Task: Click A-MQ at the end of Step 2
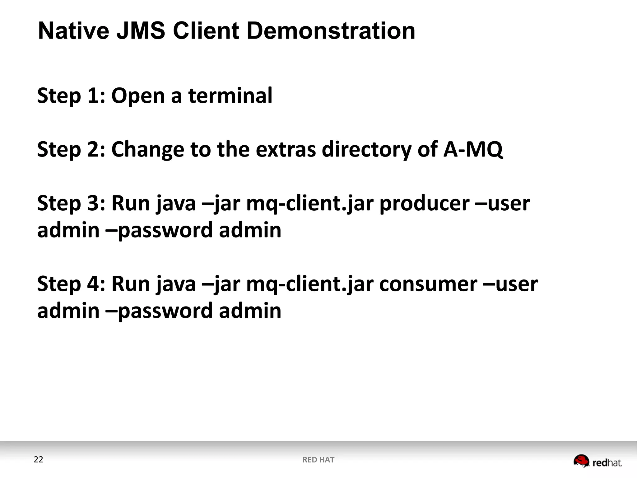472,149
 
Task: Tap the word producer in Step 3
424,204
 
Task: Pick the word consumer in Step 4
428,284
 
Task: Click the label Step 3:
71,204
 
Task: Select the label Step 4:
71,284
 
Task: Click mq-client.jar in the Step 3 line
310,204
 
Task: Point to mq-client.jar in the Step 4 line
310,284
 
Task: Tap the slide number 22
39,460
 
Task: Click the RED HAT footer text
318,460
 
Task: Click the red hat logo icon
581,461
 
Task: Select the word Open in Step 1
138,96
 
